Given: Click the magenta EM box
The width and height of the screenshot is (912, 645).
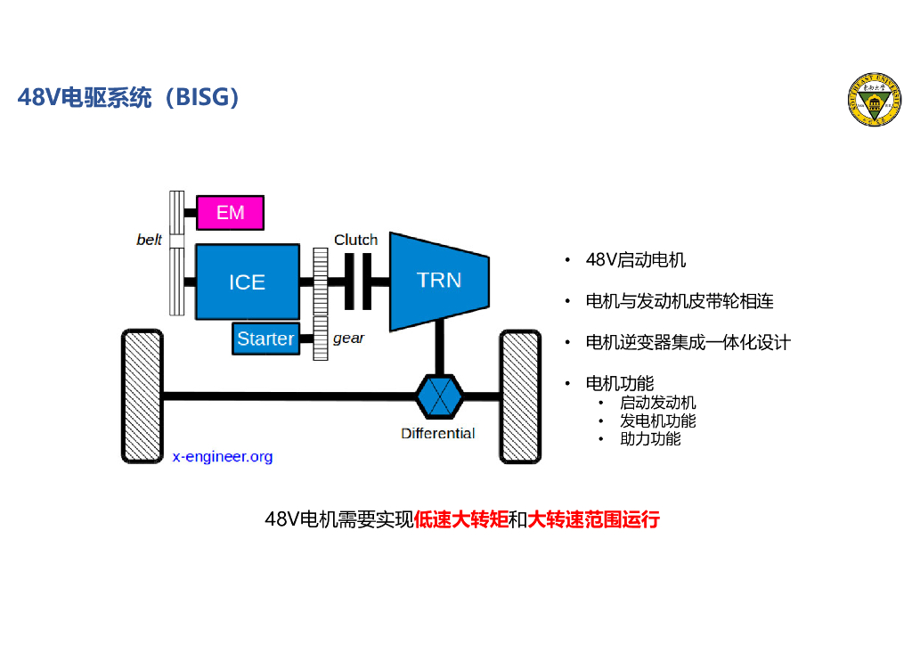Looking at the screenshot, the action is click(x=231, y=213).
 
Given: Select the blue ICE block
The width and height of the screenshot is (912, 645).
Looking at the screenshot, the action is click(x=248, y=282).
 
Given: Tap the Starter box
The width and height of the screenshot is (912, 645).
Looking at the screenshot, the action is click(x=265, y=339).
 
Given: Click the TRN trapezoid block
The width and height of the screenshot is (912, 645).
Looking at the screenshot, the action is click(x=439, y=282).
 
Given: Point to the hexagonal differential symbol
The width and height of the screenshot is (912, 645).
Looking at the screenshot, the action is click(x=440, y=396).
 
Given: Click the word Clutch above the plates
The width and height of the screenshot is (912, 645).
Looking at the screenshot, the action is click(x=356, y=240).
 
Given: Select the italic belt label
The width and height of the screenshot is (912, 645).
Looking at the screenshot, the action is click(x=149, y=240).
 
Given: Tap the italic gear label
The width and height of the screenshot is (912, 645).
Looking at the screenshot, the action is click(x=348, y=338).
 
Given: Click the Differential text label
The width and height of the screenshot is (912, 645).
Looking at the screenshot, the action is click(x=438, y=433).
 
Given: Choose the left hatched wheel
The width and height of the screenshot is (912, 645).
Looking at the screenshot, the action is click(x=142, y=396).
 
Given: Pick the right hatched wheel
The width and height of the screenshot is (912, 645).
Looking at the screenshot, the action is click(x=520, y=396).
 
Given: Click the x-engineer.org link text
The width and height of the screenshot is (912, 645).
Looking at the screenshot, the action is click(x=223, y=456).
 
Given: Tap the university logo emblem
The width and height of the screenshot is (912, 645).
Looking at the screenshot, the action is click(x=875, y=100).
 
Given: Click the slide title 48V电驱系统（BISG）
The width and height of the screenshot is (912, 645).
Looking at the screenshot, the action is click(x=128, y=97).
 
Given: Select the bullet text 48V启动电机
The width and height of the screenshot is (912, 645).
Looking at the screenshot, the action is click(x=636, y=260).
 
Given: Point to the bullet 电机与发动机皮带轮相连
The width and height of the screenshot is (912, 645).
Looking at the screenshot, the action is click(x=680, y=301).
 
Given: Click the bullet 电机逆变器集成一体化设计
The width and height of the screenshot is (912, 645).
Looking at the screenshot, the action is click(x=688, y=342).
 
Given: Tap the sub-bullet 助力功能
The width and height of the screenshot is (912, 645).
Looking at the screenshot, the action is click(x=650, y=438).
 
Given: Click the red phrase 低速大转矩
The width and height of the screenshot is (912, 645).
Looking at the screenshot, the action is click(x=460, y=518).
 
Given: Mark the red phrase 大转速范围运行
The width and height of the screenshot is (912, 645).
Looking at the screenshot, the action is click(x=593, y=518).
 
